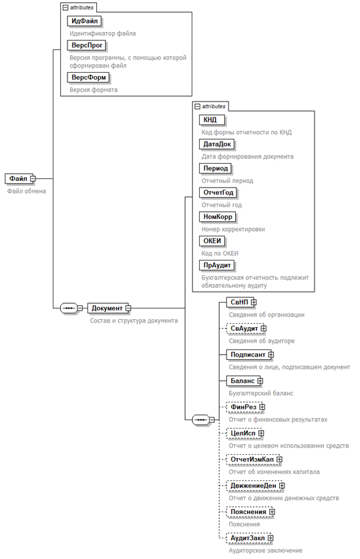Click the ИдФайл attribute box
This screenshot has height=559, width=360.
84,21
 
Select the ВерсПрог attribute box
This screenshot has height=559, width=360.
87,45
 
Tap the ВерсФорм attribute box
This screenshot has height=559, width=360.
89,77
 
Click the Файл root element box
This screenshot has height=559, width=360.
19,178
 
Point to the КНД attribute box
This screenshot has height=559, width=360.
212,120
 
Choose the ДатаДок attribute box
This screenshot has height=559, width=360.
217,144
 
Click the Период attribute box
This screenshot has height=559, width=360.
216,168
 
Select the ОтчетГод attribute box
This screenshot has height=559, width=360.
218,193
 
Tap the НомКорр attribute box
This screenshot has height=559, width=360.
218,217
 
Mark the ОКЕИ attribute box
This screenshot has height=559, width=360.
212,241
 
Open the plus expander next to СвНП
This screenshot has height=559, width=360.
253,303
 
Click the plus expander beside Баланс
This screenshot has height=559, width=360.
260,381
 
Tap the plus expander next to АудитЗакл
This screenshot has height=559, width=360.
271,538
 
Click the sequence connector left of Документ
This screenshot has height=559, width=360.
69,308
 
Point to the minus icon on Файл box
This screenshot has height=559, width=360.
33,178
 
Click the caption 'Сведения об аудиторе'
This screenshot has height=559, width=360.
262,341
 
